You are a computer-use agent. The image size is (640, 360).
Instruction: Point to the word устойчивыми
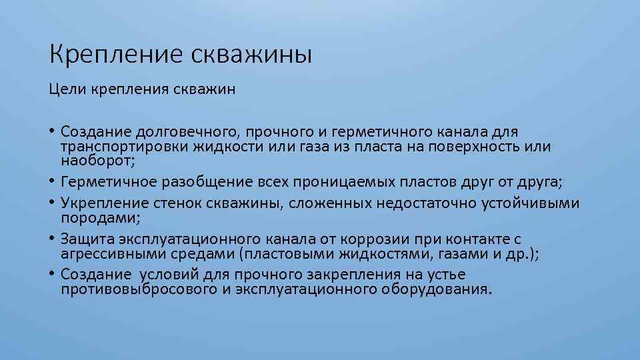(x=530, y=203)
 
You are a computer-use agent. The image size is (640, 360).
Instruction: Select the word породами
(x=92, y=217)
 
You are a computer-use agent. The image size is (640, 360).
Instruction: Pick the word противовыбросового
(x=140, y=289)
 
